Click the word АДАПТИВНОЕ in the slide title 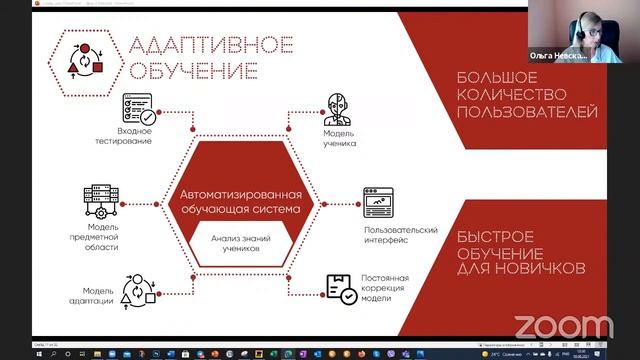210,45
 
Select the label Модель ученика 340,137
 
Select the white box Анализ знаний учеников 240,244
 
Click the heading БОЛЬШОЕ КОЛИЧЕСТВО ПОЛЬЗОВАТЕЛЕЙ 526,95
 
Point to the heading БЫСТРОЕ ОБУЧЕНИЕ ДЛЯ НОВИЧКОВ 519,255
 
